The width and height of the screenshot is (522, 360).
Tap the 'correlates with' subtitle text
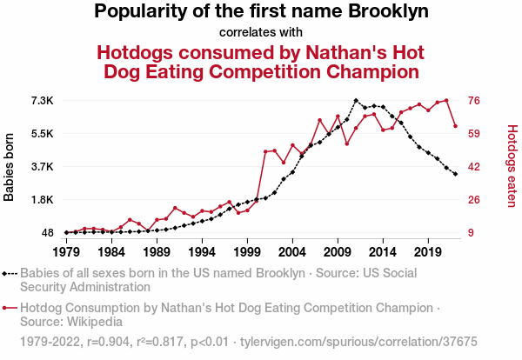pos(260,33)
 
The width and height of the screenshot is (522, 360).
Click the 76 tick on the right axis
pos(474,101)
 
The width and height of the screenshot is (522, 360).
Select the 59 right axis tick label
pos(474,134)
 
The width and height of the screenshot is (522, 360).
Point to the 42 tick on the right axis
pos(474,167)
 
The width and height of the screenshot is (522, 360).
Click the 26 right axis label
pos(474,200)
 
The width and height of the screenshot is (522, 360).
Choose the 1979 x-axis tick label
pos(66,251)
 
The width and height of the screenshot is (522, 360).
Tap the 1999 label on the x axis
pos(247,251)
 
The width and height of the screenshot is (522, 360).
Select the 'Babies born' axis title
pos(10,167)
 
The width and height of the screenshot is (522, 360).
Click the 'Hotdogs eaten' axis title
pos(512,167)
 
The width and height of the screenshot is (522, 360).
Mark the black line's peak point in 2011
pos(356,100)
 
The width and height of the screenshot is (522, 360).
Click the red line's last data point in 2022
pos(455,126)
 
